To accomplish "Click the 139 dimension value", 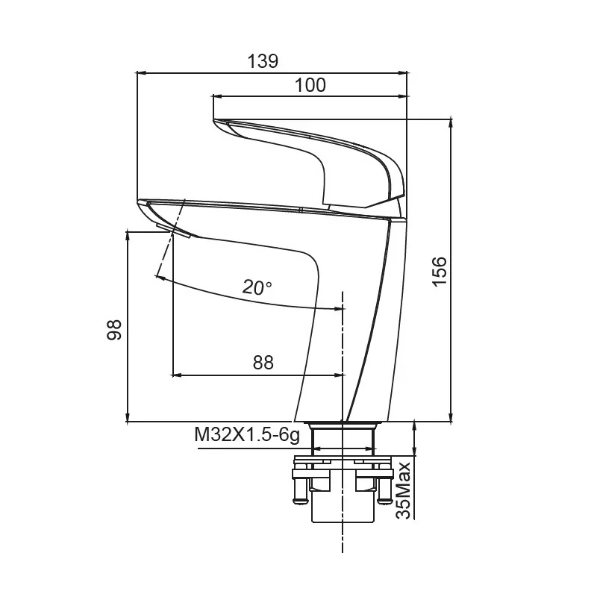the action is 263,61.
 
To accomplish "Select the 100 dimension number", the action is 310,85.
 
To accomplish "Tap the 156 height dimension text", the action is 439,271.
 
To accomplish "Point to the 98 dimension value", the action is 114,330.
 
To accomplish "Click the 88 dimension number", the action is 263,363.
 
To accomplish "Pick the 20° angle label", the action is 257,287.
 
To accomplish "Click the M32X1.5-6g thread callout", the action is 247,434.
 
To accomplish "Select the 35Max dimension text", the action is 404,490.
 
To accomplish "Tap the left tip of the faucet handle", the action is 213,120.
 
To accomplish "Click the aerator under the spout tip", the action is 172,231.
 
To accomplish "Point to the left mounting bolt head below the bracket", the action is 300,500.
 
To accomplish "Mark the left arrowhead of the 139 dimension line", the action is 140,72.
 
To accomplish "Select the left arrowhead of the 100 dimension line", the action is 217,96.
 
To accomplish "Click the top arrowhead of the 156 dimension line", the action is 451,123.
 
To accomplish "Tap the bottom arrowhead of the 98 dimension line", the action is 128,417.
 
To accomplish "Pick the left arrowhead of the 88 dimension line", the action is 177,375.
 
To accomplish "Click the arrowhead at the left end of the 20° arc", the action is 160,278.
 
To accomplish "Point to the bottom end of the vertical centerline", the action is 343,552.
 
